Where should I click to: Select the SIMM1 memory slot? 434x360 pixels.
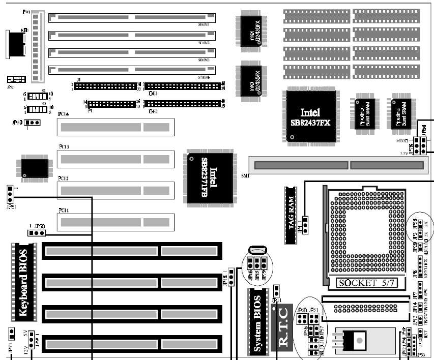(132, 18)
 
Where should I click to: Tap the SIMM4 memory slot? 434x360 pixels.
(132, 71)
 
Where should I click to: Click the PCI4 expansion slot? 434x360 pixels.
(114, 127)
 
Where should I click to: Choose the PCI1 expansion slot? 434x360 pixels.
(114, 222)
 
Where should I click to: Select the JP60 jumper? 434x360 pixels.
(37, 233)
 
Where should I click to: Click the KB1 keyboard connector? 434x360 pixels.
(15, 43)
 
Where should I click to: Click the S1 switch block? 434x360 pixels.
(36, 97)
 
